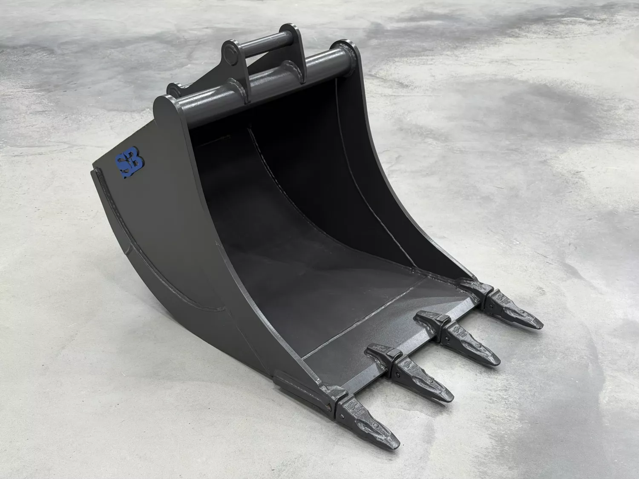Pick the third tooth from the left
pos(470,345)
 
